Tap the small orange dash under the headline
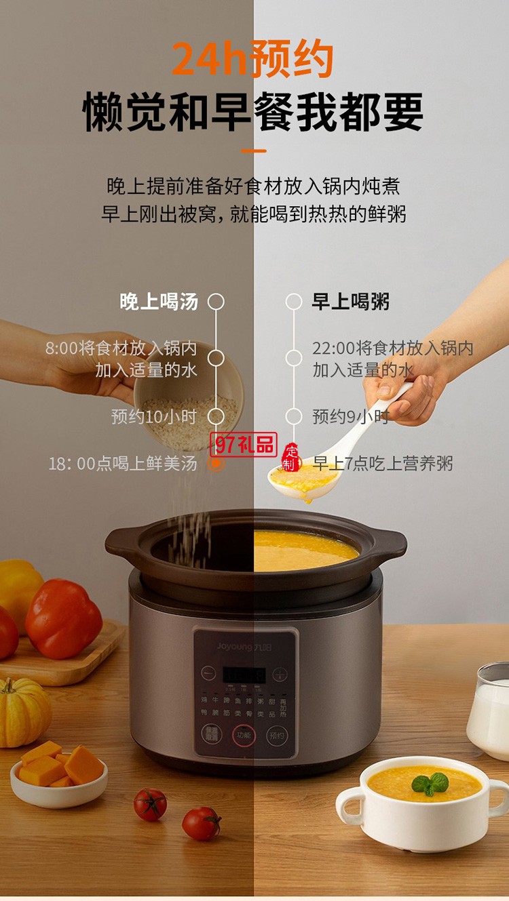[254, 151]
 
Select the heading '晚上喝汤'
[159, 302]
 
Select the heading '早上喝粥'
[351, 302]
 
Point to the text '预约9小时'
[350, 416]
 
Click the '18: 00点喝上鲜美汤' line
[123, 464]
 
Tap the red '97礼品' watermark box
[243, 445]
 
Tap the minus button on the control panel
[209, 675]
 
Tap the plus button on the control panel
[279, 675]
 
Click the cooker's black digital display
[244, 675]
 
